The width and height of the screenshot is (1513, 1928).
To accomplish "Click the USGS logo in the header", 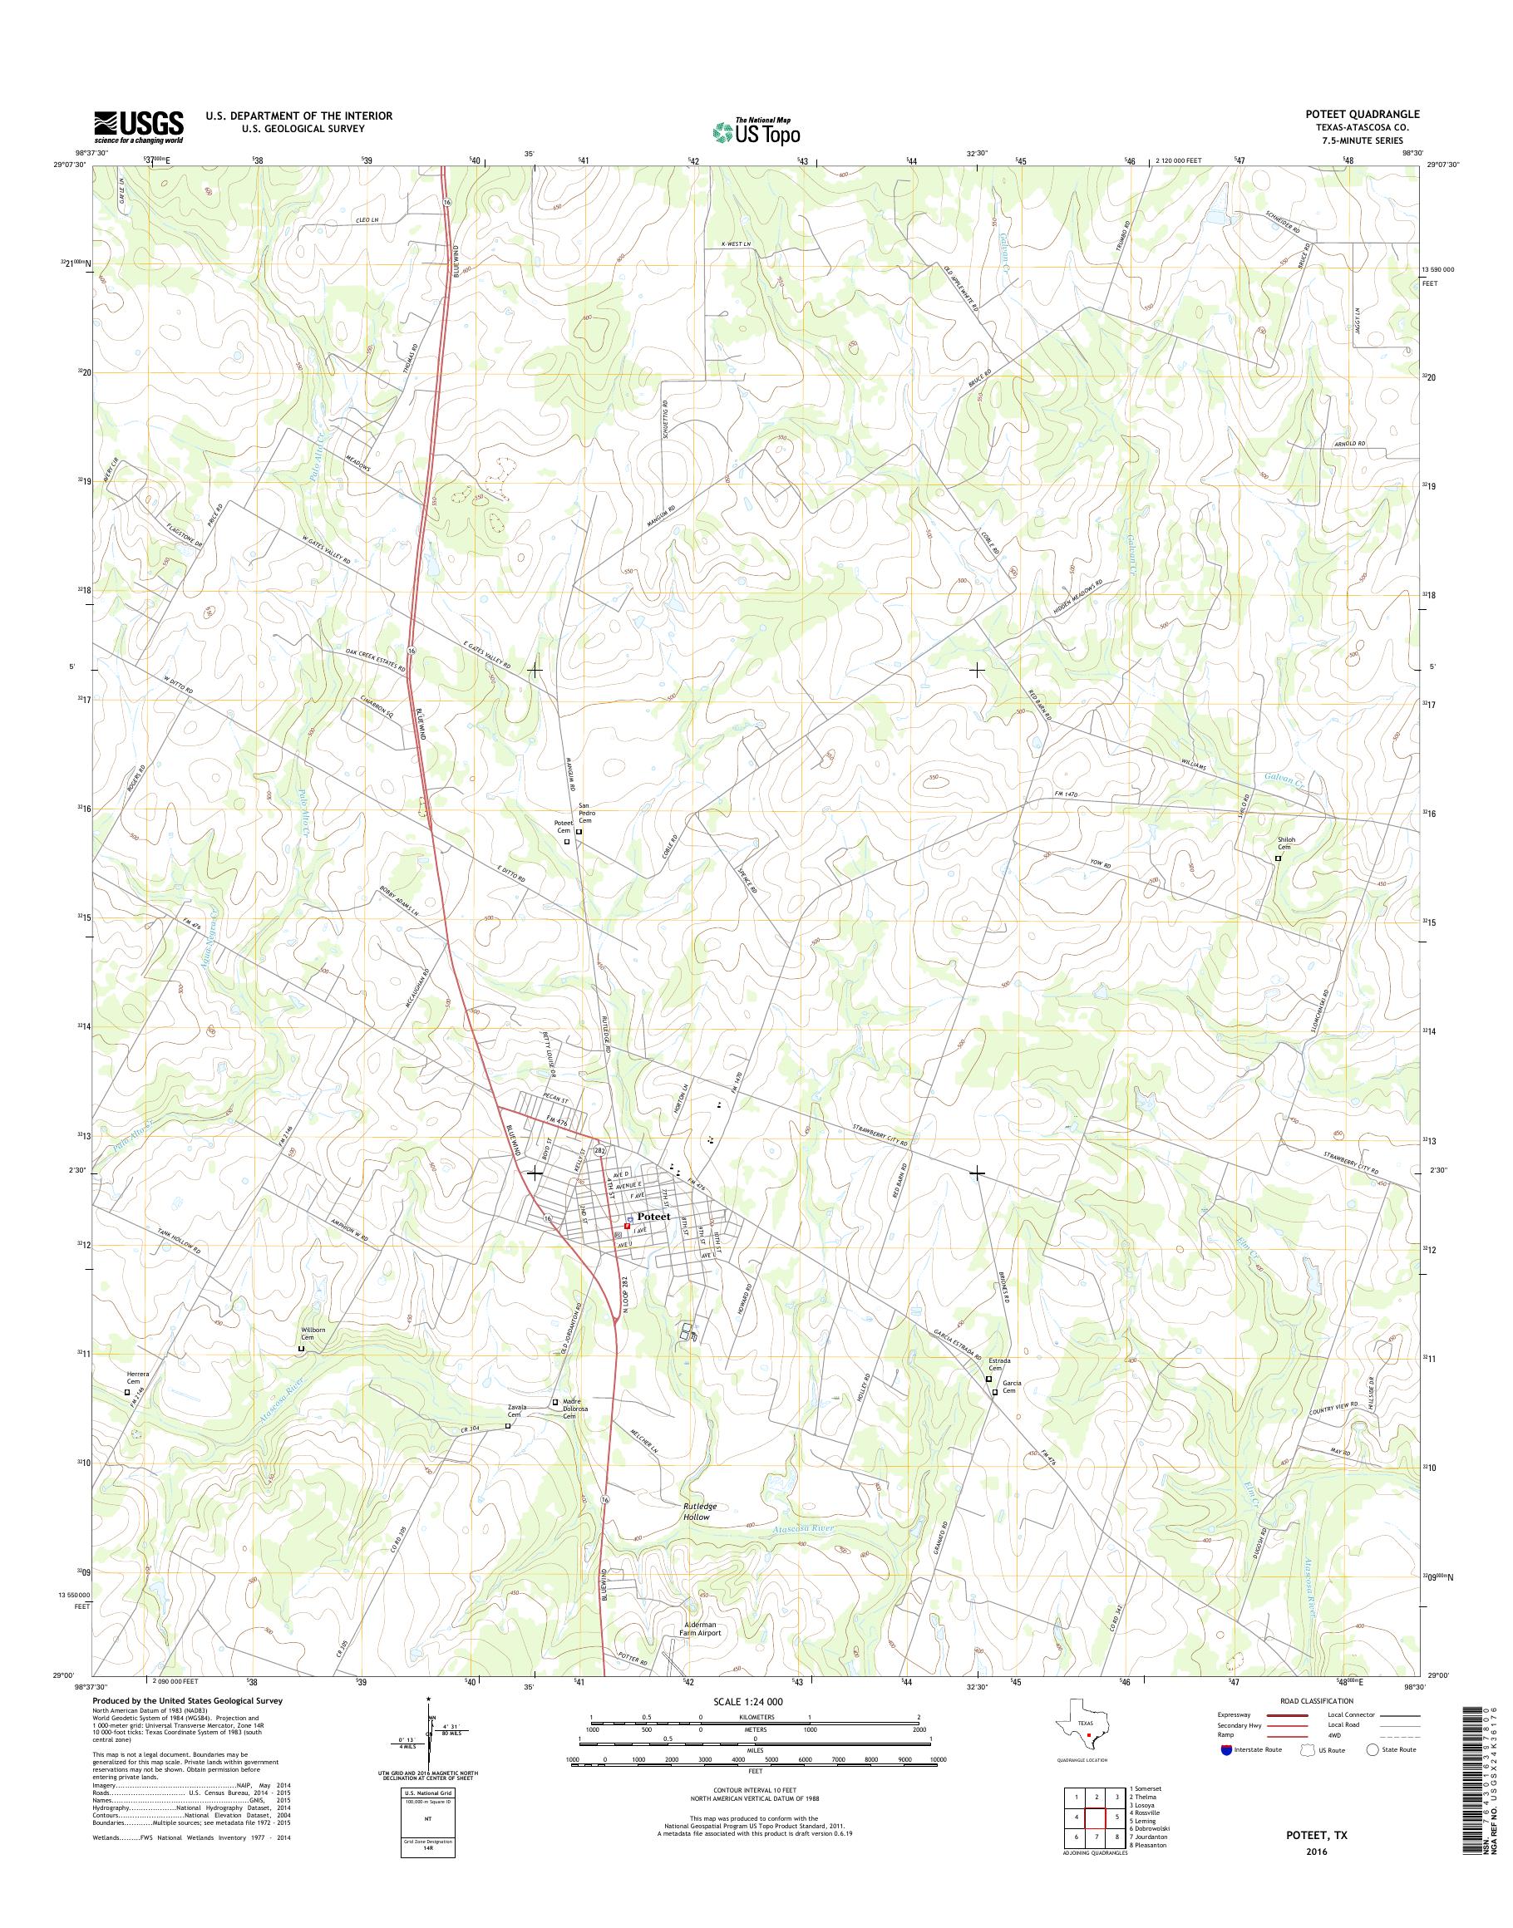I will [x=139, y=127].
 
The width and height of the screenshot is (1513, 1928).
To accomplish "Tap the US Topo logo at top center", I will [x=756, y=131].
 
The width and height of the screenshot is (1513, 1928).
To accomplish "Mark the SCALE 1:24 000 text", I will [x=747, y=1701].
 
